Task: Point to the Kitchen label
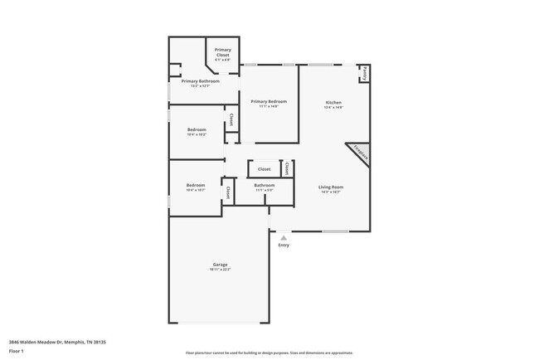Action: [x=334, y=102]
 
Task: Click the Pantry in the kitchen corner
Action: [x=364, y=74]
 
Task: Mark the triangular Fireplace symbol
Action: [x=359, y=153]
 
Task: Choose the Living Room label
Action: [x=331, y=187]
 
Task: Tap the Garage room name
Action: [x=220, y=265]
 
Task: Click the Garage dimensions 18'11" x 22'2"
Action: [x=220, y=270]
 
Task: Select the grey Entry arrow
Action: [x=284, y=237]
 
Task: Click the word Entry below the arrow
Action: [x=284, y=245]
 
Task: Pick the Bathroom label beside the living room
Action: [x=265, y=185]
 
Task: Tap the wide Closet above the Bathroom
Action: [x=264, y=168]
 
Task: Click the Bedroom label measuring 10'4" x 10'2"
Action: [x=197, y=129]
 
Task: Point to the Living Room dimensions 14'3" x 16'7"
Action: [x=331, y=192]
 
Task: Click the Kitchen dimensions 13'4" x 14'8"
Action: [x=334, y=107]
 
